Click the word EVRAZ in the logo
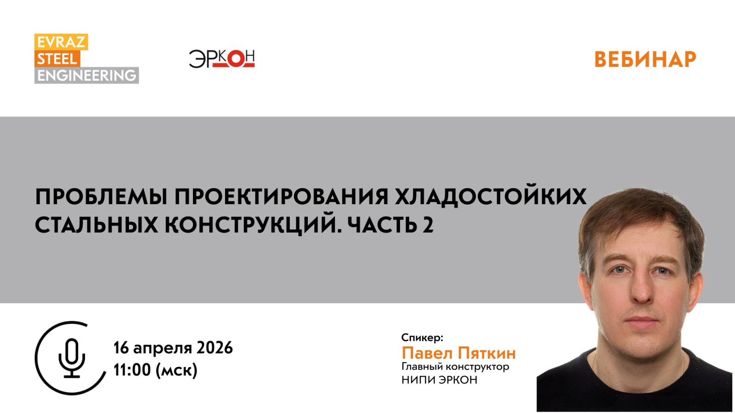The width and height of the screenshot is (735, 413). pos(61,42)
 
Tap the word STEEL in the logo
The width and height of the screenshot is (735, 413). pos(57,59)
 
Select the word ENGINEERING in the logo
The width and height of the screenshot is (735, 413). pos(86,75)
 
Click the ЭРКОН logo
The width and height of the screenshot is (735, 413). pos(221,59)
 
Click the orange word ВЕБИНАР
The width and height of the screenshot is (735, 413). pos(645,60)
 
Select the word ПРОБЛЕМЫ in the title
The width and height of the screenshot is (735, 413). pos(101,197)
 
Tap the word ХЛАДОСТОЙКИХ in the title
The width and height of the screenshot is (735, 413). pos(491,197)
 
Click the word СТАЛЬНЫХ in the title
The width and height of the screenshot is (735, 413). pos(96,225)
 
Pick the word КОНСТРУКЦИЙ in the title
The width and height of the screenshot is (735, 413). pos(253,225)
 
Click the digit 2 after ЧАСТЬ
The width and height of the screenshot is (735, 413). pos(428,225)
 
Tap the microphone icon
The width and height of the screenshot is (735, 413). pos(72,358)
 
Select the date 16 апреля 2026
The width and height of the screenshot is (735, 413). pos(173,348)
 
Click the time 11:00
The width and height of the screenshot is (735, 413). pos(132,370)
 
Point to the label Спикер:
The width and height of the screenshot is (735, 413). pos(422,338)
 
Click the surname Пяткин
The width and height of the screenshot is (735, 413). pos(487,353)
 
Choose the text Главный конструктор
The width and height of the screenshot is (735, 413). pos(455,367)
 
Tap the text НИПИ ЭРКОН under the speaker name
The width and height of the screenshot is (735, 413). pos(439,380)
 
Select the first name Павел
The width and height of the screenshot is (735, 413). pos(427,353)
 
